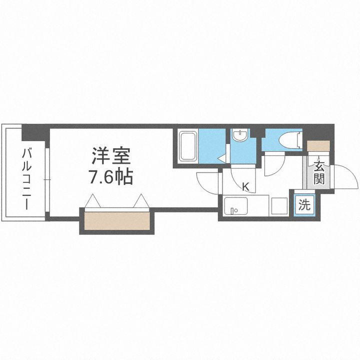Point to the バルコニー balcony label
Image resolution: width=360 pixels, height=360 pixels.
[x=24, y=177]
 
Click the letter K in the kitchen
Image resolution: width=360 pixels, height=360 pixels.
[x=245, y=187]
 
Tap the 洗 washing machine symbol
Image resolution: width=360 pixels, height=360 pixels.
[x=303, y=204]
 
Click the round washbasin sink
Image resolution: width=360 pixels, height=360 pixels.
[x=241, y=136]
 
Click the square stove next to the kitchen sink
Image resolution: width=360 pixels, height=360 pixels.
[x=279, y=205]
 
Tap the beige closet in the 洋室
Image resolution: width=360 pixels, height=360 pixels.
[x=117, y=220]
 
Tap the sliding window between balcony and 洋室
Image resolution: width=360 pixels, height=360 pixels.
[x=46, y=178]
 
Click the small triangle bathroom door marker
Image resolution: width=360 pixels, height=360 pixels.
[x=220, y=159]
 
